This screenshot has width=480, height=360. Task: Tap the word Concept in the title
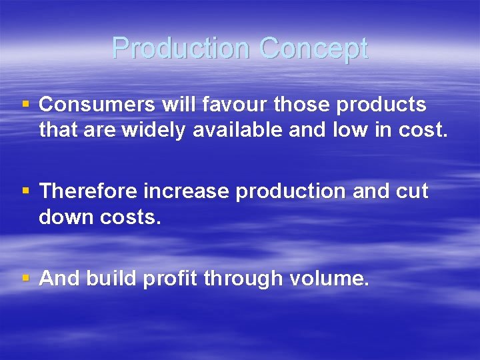[313, 49]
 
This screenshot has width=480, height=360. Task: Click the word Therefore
[89, 191]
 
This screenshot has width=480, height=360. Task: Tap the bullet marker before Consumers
[26, 105]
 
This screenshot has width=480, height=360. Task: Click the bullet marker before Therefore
[26, 191]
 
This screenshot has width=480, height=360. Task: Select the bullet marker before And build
[26, 278]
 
